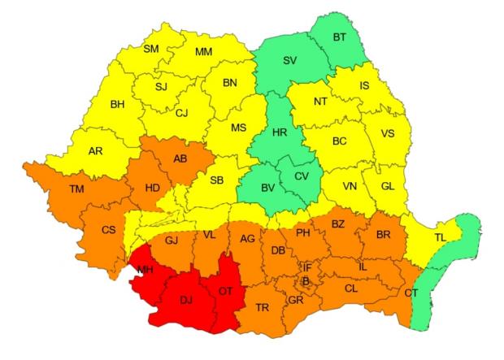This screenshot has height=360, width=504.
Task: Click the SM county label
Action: click(x=151, y=49)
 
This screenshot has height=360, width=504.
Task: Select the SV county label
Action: click(x=289, y=60)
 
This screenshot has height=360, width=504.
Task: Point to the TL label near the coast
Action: click(x=440, y=238)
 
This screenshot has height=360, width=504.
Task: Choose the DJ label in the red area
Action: click(x=186, y=301)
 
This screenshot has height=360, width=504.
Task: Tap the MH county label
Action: click(x=146, y=269)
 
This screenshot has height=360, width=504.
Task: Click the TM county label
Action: click(x=76, y=189)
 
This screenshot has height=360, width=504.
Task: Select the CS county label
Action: click(x=108, y=230)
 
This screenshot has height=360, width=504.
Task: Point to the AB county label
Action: click(x=180, y=158)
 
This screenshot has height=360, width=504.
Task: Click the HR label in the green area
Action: click(x=280, y=132)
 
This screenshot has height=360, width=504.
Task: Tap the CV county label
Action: click(x=301, y=176)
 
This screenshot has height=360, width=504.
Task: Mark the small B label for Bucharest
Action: click(x=306, y=281)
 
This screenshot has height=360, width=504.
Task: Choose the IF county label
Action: click(x=307, y=267)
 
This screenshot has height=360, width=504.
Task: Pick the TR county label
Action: click(x=263, y=307)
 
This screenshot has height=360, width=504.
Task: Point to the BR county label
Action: click(x=384, y=235)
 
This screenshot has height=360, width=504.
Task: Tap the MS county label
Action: click(x=238, y=128)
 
